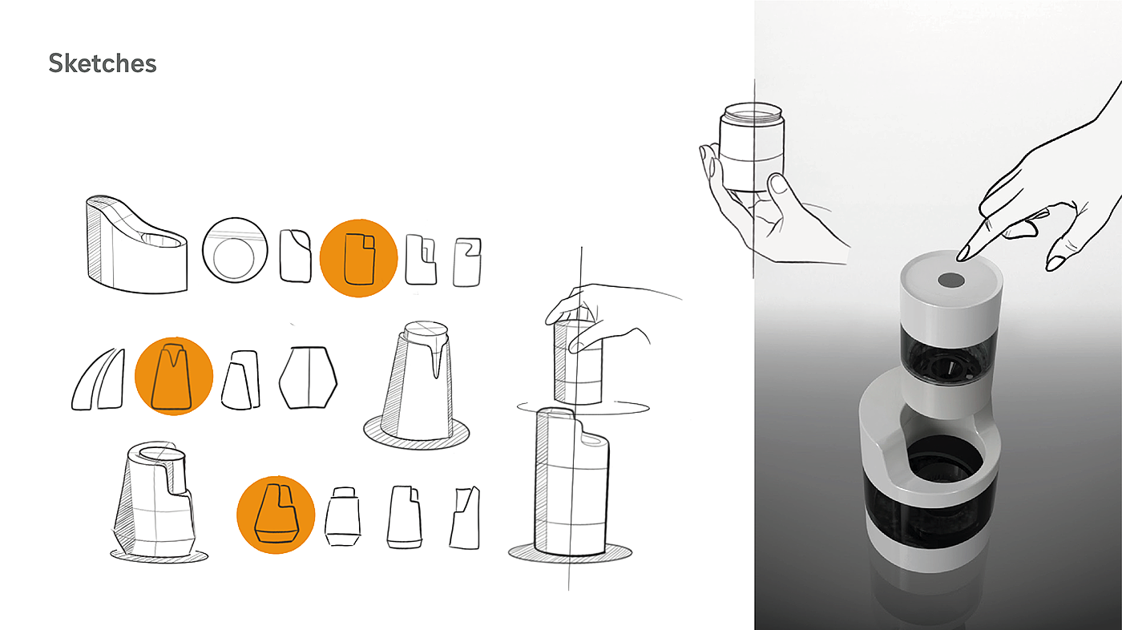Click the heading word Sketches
(103, 63)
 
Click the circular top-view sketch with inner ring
(235, 249)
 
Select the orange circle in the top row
(359, 258)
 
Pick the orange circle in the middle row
(174, 376)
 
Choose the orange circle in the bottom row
(276, 515)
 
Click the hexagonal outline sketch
(308, 378)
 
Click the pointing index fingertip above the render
(961, 256)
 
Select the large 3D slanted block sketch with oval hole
(137, 244)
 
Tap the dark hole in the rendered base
(942, 461)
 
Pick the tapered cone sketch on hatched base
(417, 386)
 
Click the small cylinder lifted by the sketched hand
(578, 361)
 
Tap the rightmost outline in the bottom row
(465, 518)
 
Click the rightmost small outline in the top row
(467, 262)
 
